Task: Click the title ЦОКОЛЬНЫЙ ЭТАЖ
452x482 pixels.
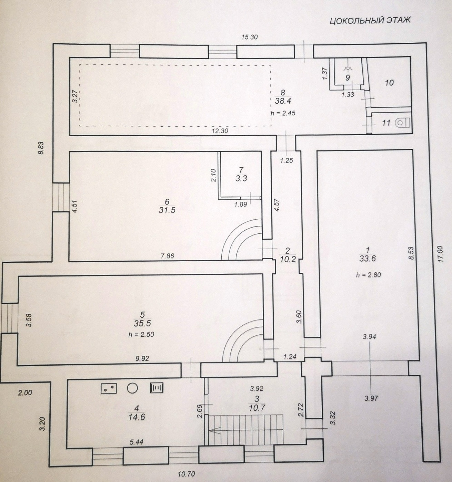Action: (x=370, y=20)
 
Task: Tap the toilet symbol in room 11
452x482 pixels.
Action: (x=403, y=122)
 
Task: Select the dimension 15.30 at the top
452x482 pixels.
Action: (x=250, y=38)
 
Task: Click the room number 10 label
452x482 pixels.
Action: (x=389, y=83)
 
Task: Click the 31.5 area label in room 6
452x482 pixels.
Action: (x=167, y=210)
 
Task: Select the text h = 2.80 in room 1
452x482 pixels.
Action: (x=368, y=275)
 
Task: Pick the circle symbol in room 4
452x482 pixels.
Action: (x=132, y=388)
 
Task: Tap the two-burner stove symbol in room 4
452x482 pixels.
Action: (x=108, y=388)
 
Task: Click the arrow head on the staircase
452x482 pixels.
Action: (x=211, y=430)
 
